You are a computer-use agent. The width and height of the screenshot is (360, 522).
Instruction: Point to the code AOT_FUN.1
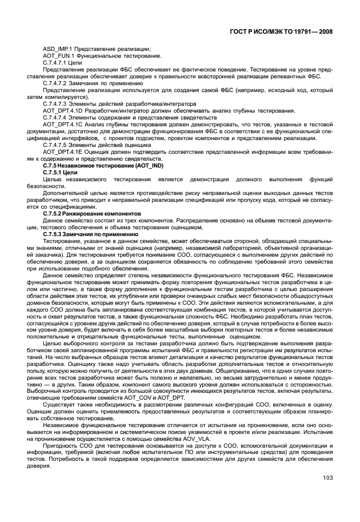click(55, 55)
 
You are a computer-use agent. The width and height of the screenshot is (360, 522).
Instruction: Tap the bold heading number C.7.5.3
click(53, 234)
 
